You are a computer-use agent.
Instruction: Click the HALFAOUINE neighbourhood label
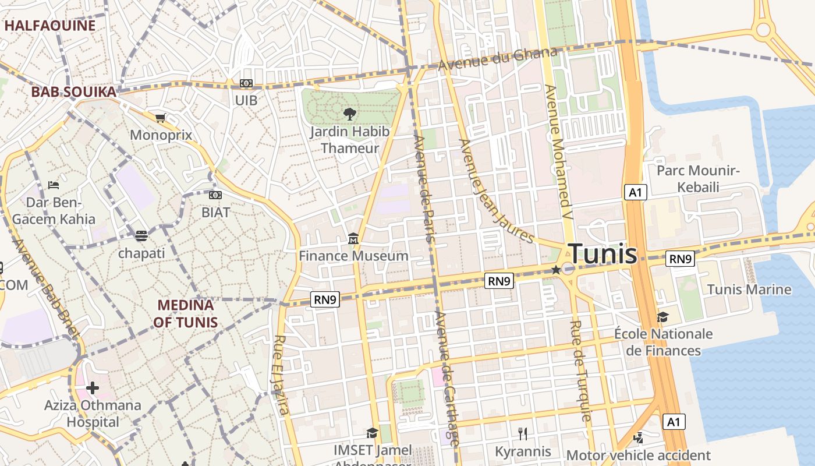[x=49, y=26]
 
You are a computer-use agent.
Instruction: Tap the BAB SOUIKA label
[x=73, y=92]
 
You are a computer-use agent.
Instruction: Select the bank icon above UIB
[x=246, y=83]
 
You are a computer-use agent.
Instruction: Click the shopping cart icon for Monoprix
[x=161, y=118]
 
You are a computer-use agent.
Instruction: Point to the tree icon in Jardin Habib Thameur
[x=349, y=114]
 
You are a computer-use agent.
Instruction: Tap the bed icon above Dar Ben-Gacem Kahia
[x=54, y=185]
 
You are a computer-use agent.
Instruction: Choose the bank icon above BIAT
[x=215, y=195]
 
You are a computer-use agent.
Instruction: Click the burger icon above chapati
[x=141, y=236]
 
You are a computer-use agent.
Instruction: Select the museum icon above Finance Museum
[x=353, y=239]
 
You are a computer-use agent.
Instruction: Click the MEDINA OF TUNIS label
[x=186, y=313]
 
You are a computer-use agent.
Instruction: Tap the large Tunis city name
[x=603, y=254]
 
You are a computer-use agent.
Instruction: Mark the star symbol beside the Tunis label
[x=556, y=270]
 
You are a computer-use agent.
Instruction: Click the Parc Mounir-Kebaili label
[x=698, y=179]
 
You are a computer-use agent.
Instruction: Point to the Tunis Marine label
[x=749, y=290]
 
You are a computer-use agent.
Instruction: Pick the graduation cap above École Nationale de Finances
[x=662, y=317]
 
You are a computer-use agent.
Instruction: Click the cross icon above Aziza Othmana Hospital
[x=93, y=387]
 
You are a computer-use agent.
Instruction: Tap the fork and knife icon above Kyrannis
[x=523, y=433]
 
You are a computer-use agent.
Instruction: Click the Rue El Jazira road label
[x=281, y=375]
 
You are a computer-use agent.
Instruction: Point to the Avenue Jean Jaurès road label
[x=496, y=190]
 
